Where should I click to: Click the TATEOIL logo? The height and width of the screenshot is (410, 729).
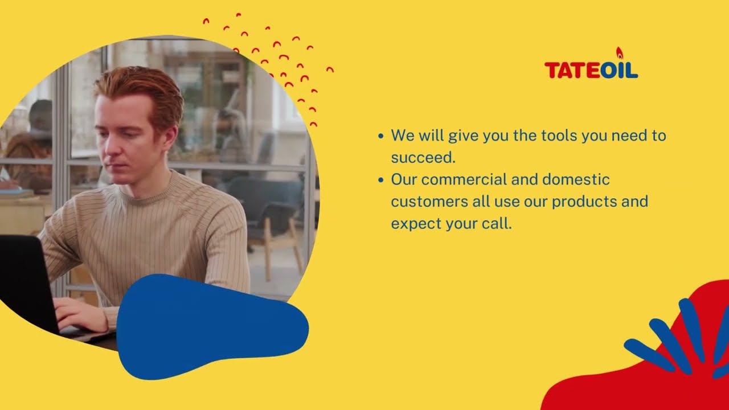click(x=591, y=70)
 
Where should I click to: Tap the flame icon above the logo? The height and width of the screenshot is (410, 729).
click(x=620, y=53)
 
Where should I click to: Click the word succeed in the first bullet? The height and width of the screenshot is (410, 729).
click(x=423, y=158)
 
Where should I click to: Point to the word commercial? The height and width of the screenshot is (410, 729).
click(x=470, y=180)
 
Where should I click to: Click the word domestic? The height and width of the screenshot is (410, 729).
click(x=576, y=180)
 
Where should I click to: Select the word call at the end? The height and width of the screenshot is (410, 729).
click(x=496, y=224)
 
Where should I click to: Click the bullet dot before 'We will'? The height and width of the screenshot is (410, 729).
click(x=382, y=137)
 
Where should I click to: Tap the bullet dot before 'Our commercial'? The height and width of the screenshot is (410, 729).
click(x=382, y=181)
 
